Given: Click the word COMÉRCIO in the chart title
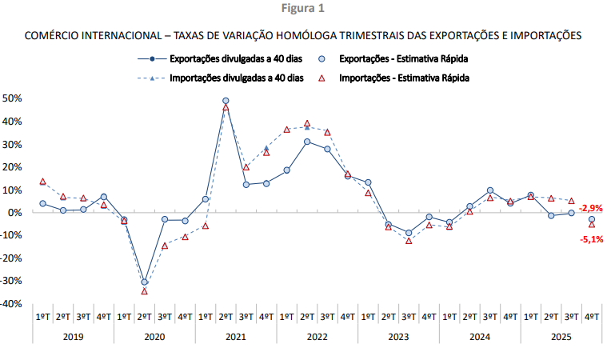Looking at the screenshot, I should click(x=54, y=35).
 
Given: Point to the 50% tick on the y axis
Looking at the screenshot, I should click(x=13, y=98).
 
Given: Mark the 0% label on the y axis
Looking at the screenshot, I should click(x=15, y=213).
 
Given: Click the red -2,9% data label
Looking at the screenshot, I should click(x=590, y=208).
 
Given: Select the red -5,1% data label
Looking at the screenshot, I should click(x=590, y=238).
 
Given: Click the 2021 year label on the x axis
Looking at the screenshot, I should click(x=236, y=337).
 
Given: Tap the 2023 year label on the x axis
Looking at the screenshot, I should click(x=398, y=337).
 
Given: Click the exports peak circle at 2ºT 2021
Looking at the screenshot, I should click(x=226, y=102).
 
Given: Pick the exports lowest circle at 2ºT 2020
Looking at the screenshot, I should click(x=144, y=282).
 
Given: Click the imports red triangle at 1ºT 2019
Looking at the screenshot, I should click(x=42, y=182).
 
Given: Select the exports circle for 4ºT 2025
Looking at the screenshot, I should click(x=592, y=219).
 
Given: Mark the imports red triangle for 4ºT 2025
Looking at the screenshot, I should click(x=592, y=225).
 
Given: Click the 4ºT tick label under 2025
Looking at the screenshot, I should click(x=592, y=317).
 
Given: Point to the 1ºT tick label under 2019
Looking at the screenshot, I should click(x=42, y=317).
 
